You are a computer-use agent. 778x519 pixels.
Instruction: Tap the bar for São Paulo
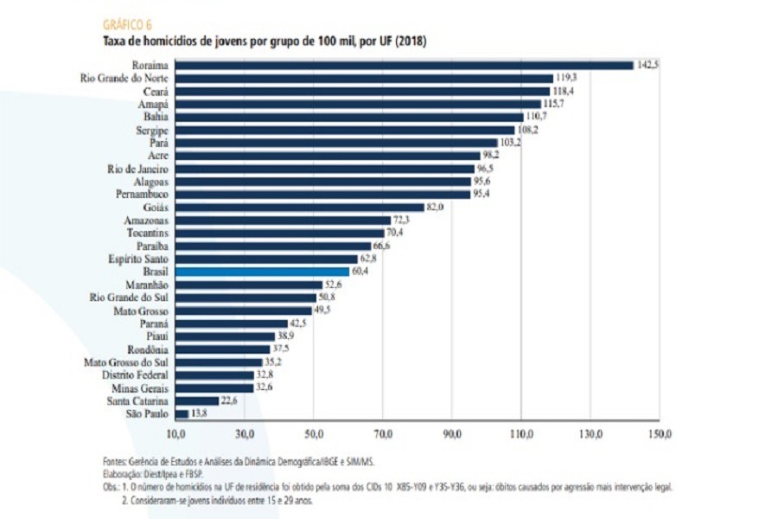click(182, 414)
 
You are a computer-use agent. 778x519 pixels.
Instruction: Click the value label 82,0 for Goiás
click(435, 208)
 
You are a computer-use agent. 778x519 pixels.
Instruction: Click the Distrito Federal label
click(135, 375)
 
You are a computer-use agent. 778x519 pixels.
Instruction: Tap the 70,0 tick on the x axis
click(383, 432)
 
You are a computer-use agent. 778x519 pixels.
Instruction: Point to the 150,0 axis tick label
click(660, 432)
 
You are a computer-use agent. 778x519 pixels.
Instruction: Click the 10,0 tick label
click(176, 432)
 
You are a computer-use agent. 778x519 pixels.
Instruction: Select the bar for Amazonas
click(284, 221)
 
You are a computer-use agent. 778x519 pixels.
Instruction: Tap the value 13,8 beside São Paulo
click(199, 414)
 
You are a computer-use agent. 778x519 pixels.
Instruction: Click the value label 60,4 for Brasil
click(360, 272)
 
